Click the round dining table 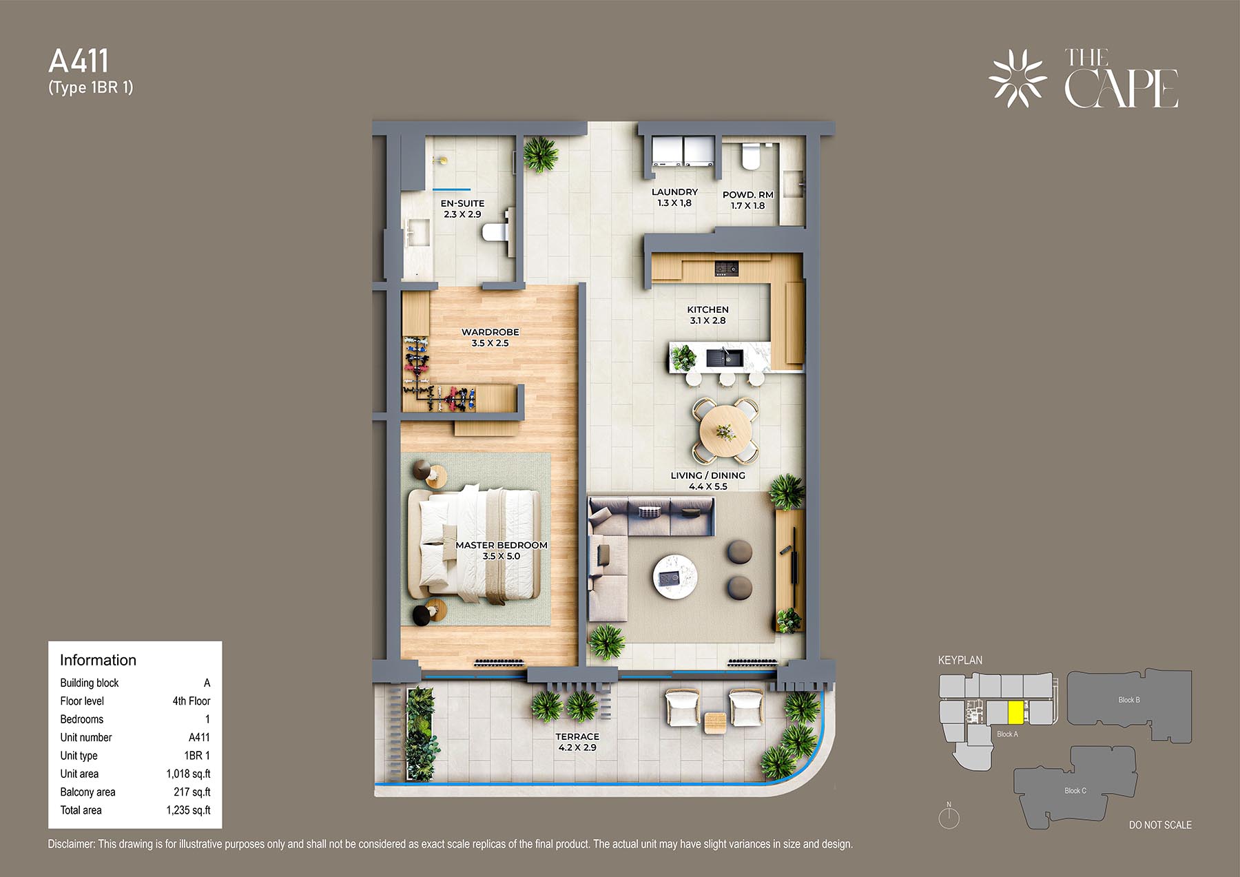pyautogui.click(x=725, y=433)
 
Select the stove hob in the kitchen pyautogui.click(x=727, y=268)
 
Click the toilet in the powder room pyautogui.click(x=749, y=156)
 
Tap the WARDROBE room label pyautogui.click(x=490, y=332)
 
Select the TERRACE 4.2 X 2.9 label pyautogui.click(x=577, y=742)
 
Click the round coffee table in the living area pyautogui.click(x=675, y=577)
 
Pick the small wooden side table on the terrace pyautogui.click(x=715, y=721)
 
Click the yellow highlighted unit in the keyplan pyautogui.click(x=1015, y=712)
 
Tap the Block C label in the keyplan pyautogui.click(x=1075, y=790)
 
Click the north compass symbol pyautogui.click(x=949, y=816)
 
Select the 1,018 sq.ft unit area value pyautogui.click(x=188, y=774)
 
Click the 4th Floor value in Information pyautogui.click(x=191, y=701)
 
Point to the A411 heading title pyautogui.click(x=79, y=61)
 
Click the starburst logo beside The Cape pyautogui.click(x=1017, y=79)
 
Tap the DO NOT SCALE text pyautogui.click(x=1160, y=825)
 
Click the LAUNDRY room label pyautogui.click(x=674, y=192)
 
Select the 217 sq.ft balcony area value pyautogui.click(x=192, y=792)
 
